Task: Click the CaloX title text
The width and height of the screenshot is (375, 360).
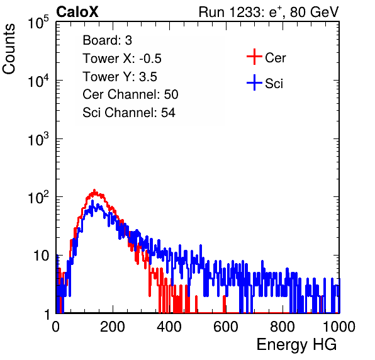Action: coord(77,12)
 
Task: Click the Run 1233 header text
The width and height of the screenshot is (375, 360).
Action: coord(269,12)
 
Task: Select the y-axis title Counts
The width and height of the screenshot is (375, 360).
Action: coord(9,49)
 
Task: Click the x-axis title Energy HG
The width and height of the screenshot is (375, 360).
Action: coord(296,345)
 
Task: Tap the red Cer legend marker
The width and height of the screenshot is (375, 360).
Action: coord(254,57)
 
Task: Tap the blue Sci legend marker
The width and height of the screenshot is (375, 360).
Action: coord(254,82)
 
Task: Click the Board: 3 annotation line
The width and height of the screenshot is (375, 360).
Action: coord(107,40)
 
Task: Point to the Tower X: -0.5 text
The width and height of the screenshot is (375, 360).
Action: coord(122,59)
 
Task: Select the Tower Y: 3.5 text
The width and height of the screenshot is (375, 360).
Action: coord(120,77)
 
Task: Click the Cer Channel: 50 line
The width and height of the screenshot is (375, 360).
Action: coord(130,94)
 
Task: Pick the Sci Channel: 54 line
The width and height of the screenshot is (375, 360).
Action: coord(129,113)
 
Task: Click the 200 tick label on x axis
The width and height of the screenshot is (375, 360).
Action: coord(113,327)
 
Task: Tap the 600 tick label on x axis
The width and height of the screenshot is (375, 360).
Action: coord(226,327)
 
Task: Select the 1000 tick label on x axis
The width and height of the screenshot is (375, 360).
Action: coord(339,327)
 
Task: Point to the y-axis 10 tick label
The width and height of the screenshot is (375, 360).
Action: coord(42,256)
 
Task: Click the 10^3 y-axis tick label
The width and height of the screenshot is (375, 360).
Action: coord(38,138)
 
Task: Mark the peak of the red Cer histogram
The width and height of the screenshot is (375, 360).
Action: coord(94,191)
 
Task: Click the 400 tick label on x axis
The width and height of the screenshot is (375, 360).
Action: coord(169,327)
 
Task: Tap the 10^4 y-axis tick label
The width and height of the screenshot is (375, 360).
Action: coord(38,80)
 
